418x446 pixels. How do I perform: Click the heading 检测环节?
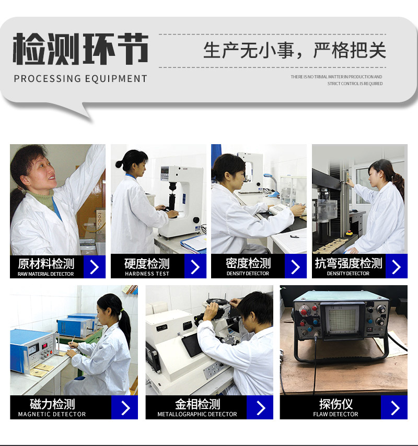(x=80, y=49)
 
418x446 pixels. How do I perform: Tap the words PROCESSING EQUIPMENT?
(x=80, y=78)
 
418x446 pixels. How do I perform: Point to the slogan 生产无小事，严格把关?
(x=295, y=51)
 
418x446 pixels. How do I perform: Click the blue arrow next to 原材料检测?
(x=95, y=267)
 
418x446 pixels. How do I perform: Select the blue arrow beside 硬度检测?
(x=195, y=266)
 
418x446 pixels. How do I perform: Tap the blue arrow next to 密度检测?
(x=296, y=266)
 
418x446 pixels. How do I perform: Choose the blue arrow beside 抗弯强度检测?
(x=397, y=266)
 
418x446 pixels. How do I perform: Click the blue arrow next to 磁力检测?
(x=125, y=407)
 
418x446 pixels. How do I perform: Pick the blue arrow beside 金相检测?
(x=260, y=407)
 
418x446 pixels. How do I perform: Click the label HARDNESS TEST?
(x=147, y=274)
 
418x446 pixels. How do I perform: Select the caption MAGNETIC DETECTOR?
(x=52, y=414)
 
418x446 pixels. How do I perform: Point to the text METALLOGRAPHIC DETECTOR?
(x=197, y=414)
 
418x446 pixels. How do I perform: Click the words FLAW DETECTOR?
(x=336, y=414)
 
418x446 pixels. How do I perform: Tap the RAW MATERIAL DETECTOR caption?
(x=46, y=274)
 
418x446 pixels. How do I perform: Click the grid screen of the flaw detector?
(x=342, y=320)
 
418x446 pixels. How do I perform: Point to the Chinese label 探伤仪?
(x=336, y=404)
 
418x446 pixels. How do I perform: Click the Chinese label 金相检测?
(x=198, y=404)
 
